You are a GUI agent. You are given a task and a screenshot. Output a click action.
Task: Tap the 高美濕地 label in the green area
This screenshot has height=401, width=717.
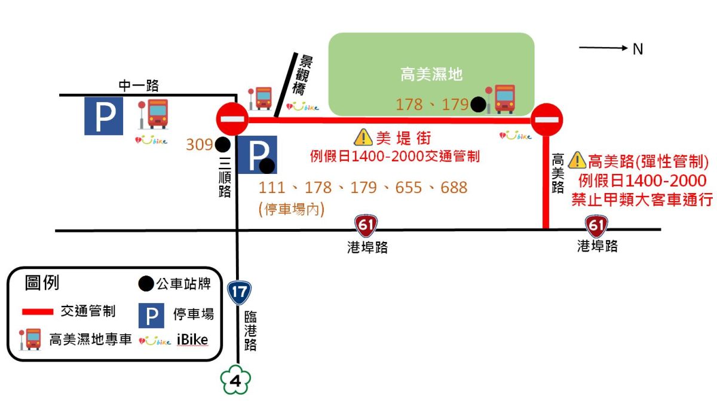click(x=431, y=75)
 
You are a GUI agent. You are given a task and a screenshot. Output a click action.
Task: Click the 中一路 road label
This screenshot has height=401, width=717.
click(x=139, y=85)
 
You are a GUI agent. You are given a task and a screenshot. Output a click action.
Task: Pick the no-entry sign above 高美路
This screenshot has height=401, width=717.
click(x=547, y=120)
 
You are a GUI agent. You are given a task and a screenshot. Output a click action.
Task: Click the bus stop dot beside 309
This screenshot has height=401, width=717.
click(x=222, y=145)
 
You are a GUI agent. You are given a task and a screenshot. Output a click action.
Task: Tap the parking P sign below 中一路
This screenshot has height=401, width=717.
click(x=104, y=115)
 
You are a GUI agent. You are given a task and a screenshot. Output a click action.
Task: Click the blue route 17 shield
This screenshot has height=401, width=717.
click(x=239, y=292)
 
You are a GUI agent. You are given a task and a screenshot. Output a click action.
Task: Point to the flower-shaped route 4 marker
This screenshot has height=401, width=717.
click(x=236, y=381)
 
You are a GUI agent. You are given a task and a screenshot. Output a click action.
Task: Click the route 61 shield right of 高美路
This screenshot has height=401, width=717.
click(x=596, y=226)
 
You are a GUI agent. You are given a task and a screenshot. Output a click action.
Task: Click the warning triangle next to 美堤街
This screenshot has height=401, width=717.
click(x=363, y=138)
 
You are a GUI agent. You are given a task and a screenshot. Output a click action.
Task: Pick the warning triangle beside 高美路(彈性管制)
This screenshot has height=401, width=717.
click(x=577, y=160)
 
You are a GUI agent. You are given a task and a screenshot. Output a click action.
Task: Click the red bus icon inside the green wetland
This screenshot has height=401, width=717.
click(x=504, y=99)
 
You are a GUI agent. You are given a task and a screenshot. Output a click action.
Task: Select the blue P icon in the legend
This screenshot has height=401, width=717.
click(x=151, y=315)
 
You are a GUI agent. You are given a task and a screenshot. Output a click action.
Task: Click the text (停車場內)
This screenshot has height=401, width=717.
click(x=291, y=210)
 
